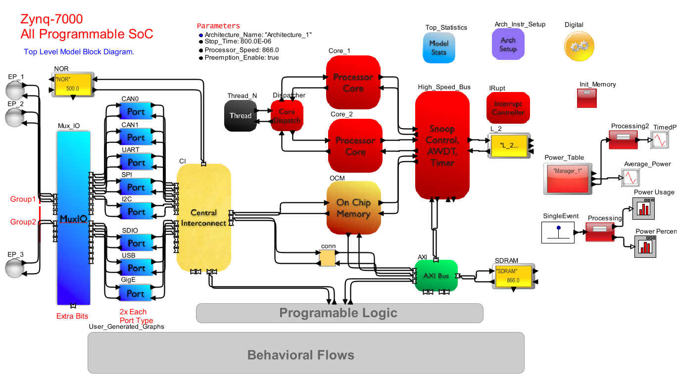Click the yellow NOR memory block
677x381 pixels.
click(73, 85)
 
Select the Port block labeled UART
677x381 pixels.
click(136, 162)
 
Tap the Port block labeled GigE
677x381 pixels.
click(136, 293)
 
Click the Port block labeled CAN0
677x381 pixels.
click(136, 112)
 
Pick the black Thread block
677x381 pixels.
click(240, 116)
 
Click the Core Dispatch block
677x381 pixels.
click(287, 116)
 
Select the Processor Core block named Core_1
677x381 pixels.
click(353, 83)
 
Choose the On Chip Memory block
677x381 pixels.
click(353, 208)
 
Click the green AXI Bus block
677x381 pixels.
click(436, 276)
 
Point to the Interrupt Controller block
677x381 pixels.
click(508, 108)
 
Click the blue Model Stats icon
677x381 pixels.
click(438, 48)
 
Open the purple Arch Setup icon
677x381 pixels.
click(508, 44)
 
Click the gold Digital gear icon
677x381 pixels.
click(578, 46)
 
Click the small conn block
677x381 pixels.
click(327, 258)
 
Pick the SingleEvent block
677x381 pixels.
click(558, 232)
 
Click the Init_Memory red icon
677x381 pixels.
click(587, 98)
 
